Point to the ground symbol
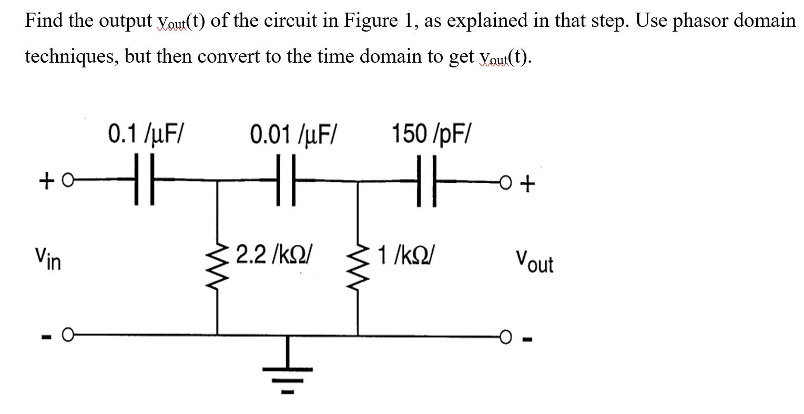point(287,371)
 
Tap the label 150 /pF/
point(432,134)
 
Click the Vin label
point(48,258)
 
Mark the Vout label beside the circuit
point(534,260)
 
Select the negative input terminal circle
point(68,334)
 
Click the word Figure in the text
point(368,21)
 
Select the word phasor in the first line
point(703,21)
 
